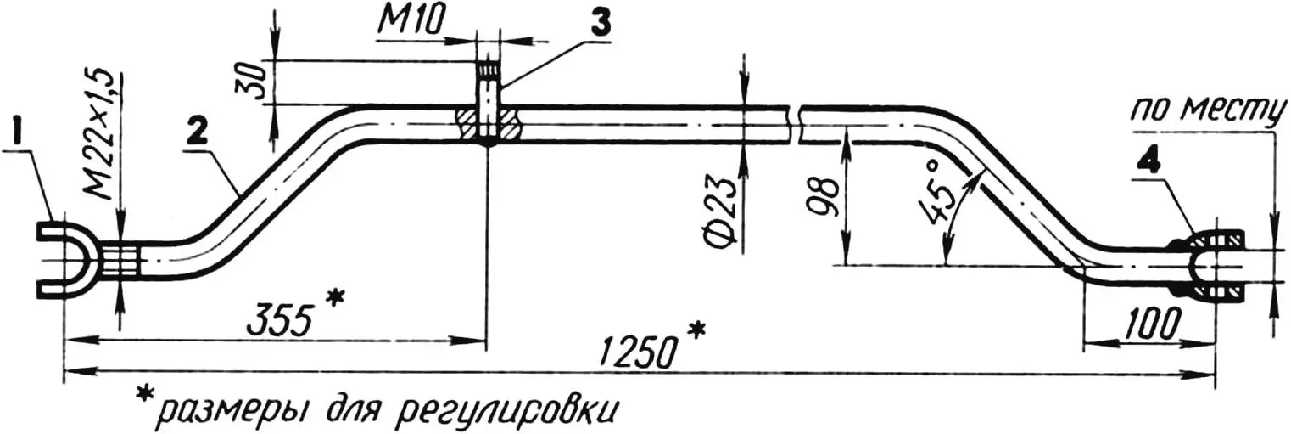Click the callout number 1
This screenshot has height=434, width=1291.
click(18, 133)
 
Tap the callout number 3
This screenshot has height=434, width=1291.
click(600, 25)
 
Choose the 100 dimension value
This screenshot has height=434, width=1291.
click(1150, 323)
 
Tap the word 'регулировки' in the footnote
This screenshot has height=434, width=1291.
click(504, 410)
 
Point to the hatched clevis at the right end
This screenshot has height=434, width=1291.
click(1214, 267)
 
